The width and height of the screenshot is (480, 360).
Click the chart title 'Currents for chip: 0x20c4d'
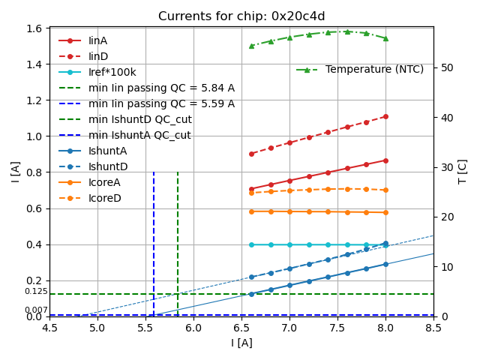pyautogui.click(x=241, y=16)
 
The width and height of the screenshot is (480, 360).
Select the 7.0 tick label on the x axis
pyautogui.click(x=289, y=328)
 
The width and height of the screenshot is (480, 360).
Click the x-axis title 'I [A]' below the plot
pyautogui.click(x=241, y=343)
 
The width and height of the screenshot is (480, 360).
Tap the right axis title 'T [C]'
pyautogui.click(x=463, y=172)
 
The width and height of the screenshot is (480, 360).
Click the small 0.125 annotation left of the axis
pyautogui.click(x=36, y=291)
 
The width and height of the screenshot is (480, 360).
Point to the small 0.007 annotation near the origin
pyautogui.click(x=36, y=310)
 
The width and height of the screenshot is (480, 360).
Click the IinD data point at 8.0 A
pyautogui.click(x=385, y=116)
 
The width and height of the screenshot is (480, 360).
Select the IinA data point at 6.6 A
pyautogui.click(x=251, y=189)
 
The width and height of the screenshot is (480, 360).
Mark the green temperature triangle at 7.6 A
pyautogui.click(x=347, y=31)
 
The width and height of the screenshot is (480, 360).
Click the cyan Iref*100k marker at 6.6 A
pyautogui.click(x=251, y=244)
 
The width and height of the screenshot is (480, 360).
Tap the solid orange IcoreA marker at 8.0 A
pyautogui.click(x=385, y=212)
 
